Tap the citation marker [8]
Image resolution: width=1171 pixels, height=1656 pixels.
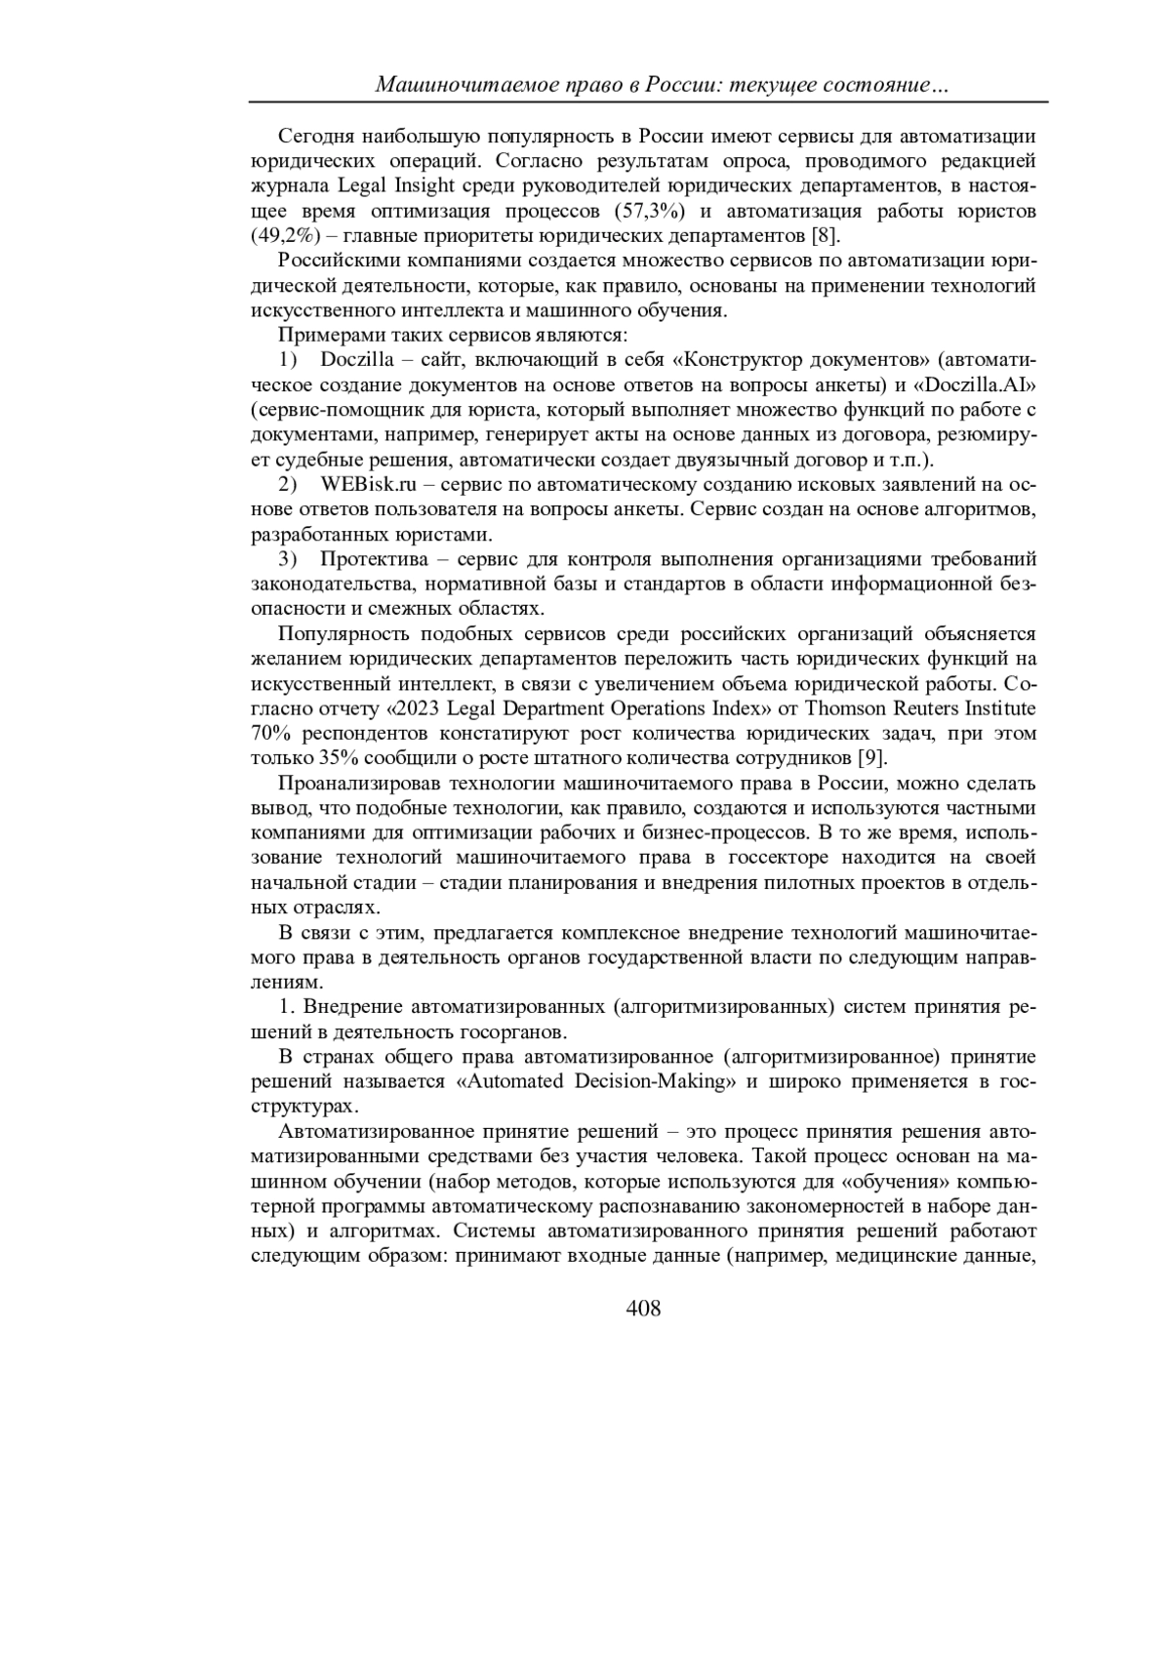[x=826, y=236]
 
